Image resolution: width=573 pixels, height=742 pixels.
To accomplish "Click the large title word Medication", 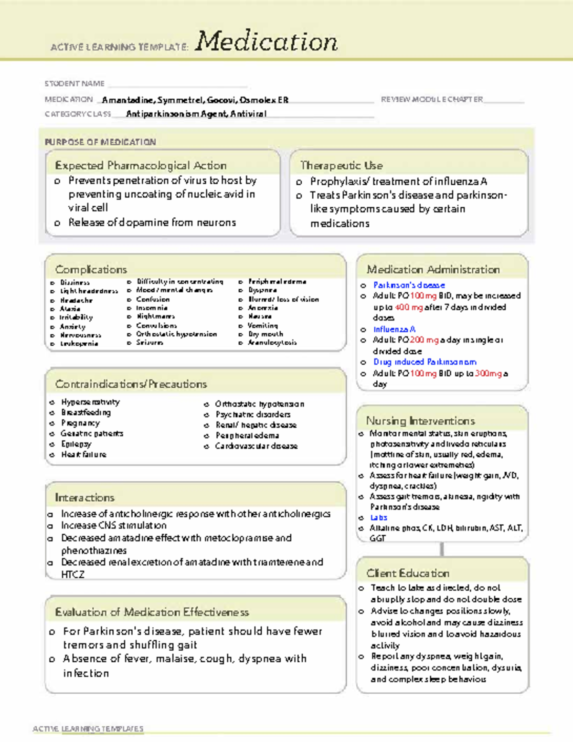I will point(266,42).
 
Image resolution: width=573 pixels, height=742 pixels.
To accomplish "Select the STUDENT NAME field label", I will point(74,84).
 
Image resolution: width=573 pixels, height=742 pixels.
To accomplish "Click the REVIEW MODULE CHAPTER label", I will point(432,99).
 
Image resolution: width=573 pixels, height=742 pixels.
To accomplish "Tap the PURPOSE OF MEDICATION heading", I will point(100,142).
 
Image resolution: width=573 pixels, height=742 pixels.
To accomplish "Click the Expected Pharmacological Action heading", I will point(140,166).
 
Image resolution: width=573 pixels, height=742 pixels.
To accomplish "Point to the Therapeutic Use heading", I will point(341,166).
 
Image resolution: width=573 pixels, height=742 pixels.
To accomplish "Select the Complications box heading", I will point(91,269).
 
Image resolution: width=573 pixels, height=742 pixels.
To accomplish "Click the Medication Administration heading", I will point(433,270).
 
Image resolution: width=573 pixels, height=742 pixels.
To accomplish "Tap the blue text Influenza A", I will point(394,329).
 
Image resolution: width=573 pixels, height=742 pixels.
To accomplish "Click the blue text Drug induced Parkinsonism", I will point(424,362).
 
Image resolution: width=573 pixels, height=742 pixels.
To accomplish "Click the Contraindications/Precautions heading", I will point(131,384).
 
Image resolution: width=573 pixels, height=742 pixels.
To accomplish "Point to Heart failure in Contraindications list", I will point(84,455).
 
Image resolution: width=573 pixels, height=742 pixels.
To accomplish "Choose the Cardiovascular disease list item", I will point(256,446).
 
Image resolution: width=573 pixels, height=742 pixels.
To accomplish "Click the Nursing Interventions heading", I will point(420,421).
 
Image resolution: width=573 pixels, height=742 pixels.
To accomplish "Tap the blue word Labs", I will point(379,518).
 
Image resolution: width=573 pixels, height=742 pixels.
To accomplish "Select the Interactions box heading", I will point(85,498).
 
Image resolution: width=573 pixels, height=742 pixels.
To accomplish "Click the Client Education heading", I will point(408,573).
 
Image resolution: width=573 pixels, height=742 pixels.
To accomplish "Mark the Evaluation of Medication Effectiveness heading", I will point(152,612).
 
